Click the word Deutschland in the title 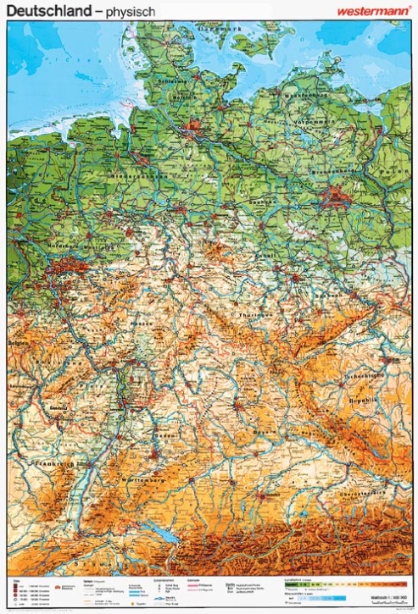[x=47, y=11]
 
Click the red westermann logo [x=373, y=11]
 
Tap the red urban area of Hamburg [x=193, y=129]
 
